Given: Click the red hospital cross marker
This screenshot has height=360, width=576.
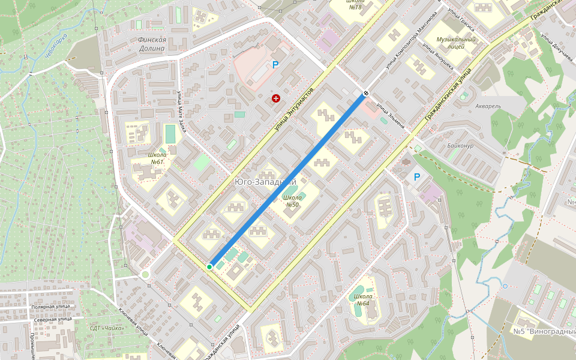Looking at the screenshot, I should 275,98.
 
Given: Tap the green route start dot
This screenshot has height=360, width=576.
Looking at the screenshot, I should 209,266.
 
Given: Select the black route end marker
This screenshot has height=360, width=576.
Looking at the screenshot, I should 365,94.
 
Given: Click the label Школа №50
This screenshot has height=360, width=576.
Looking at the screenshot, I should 292,201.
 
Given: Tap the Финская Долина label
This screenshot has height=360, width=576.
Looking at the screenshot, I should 151,44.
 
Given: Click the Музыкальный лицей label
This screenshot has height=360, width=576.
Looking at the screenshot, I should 456,43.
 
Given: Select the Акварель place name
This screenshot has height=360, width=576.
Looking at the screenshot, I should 487,106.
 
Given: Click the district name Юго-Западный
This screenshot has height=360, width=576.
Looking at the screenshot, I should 265,182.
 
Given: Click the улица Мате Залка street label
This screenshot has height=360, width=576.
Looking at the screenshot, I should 181,111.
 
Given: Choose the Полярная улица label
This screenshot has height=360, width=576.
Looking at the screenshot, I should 51,307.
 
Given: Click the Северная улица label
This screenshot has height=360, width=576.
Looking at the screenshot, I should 52,320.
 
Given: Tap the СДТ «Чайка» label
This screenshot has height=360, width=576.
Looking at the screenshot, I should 107,328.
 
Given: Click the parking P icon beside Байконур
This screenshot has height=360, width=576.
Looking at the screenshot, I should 417,177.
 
